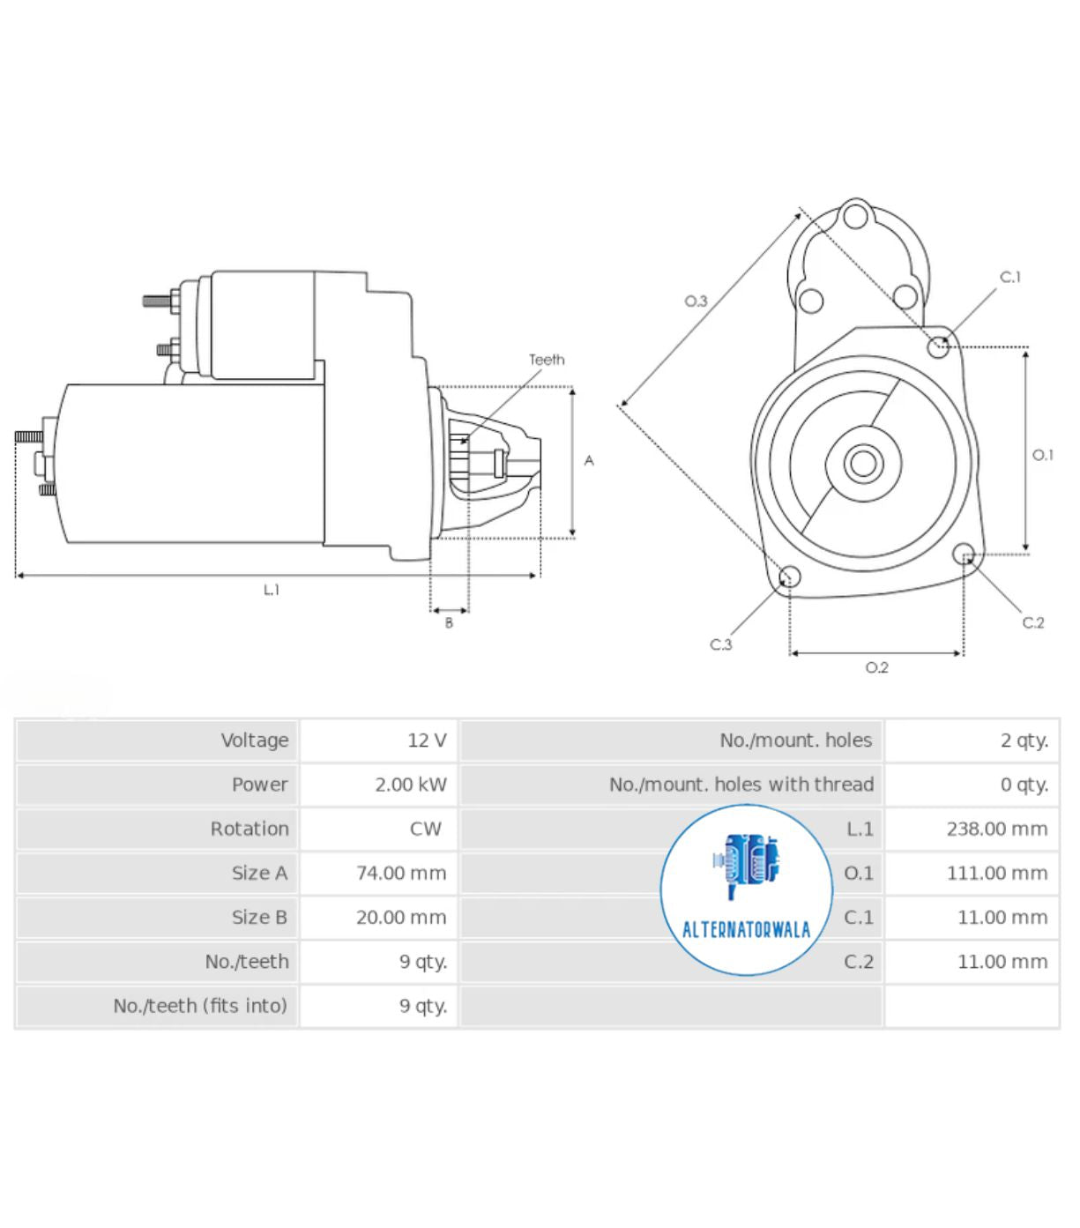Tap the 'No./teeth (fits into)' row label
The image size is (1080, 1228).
point(200,1006)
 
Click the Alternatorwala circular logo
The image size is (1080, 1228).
point(746,890)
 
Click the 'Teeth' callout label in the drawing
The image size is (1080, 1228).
point(547,360)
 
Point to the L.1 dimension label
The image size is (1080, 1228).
point(272,590)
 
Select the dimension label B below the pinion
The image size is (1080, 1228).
point(449,623)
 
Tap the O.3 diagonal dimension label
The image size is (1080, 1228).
point(696,301)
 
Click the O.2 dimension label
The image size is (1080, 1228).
point(876,668)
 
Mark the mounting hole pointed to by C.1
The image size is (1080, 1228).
point(938,346)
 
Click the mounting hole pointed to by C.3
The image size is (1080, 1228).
point(790,577)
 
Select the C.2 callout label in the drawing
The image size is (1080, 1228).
point(1032,623)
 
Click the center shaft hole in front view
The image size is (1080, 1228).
point(863,464)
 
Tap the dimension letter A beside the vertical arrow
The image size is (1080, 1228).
point(589,461)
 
